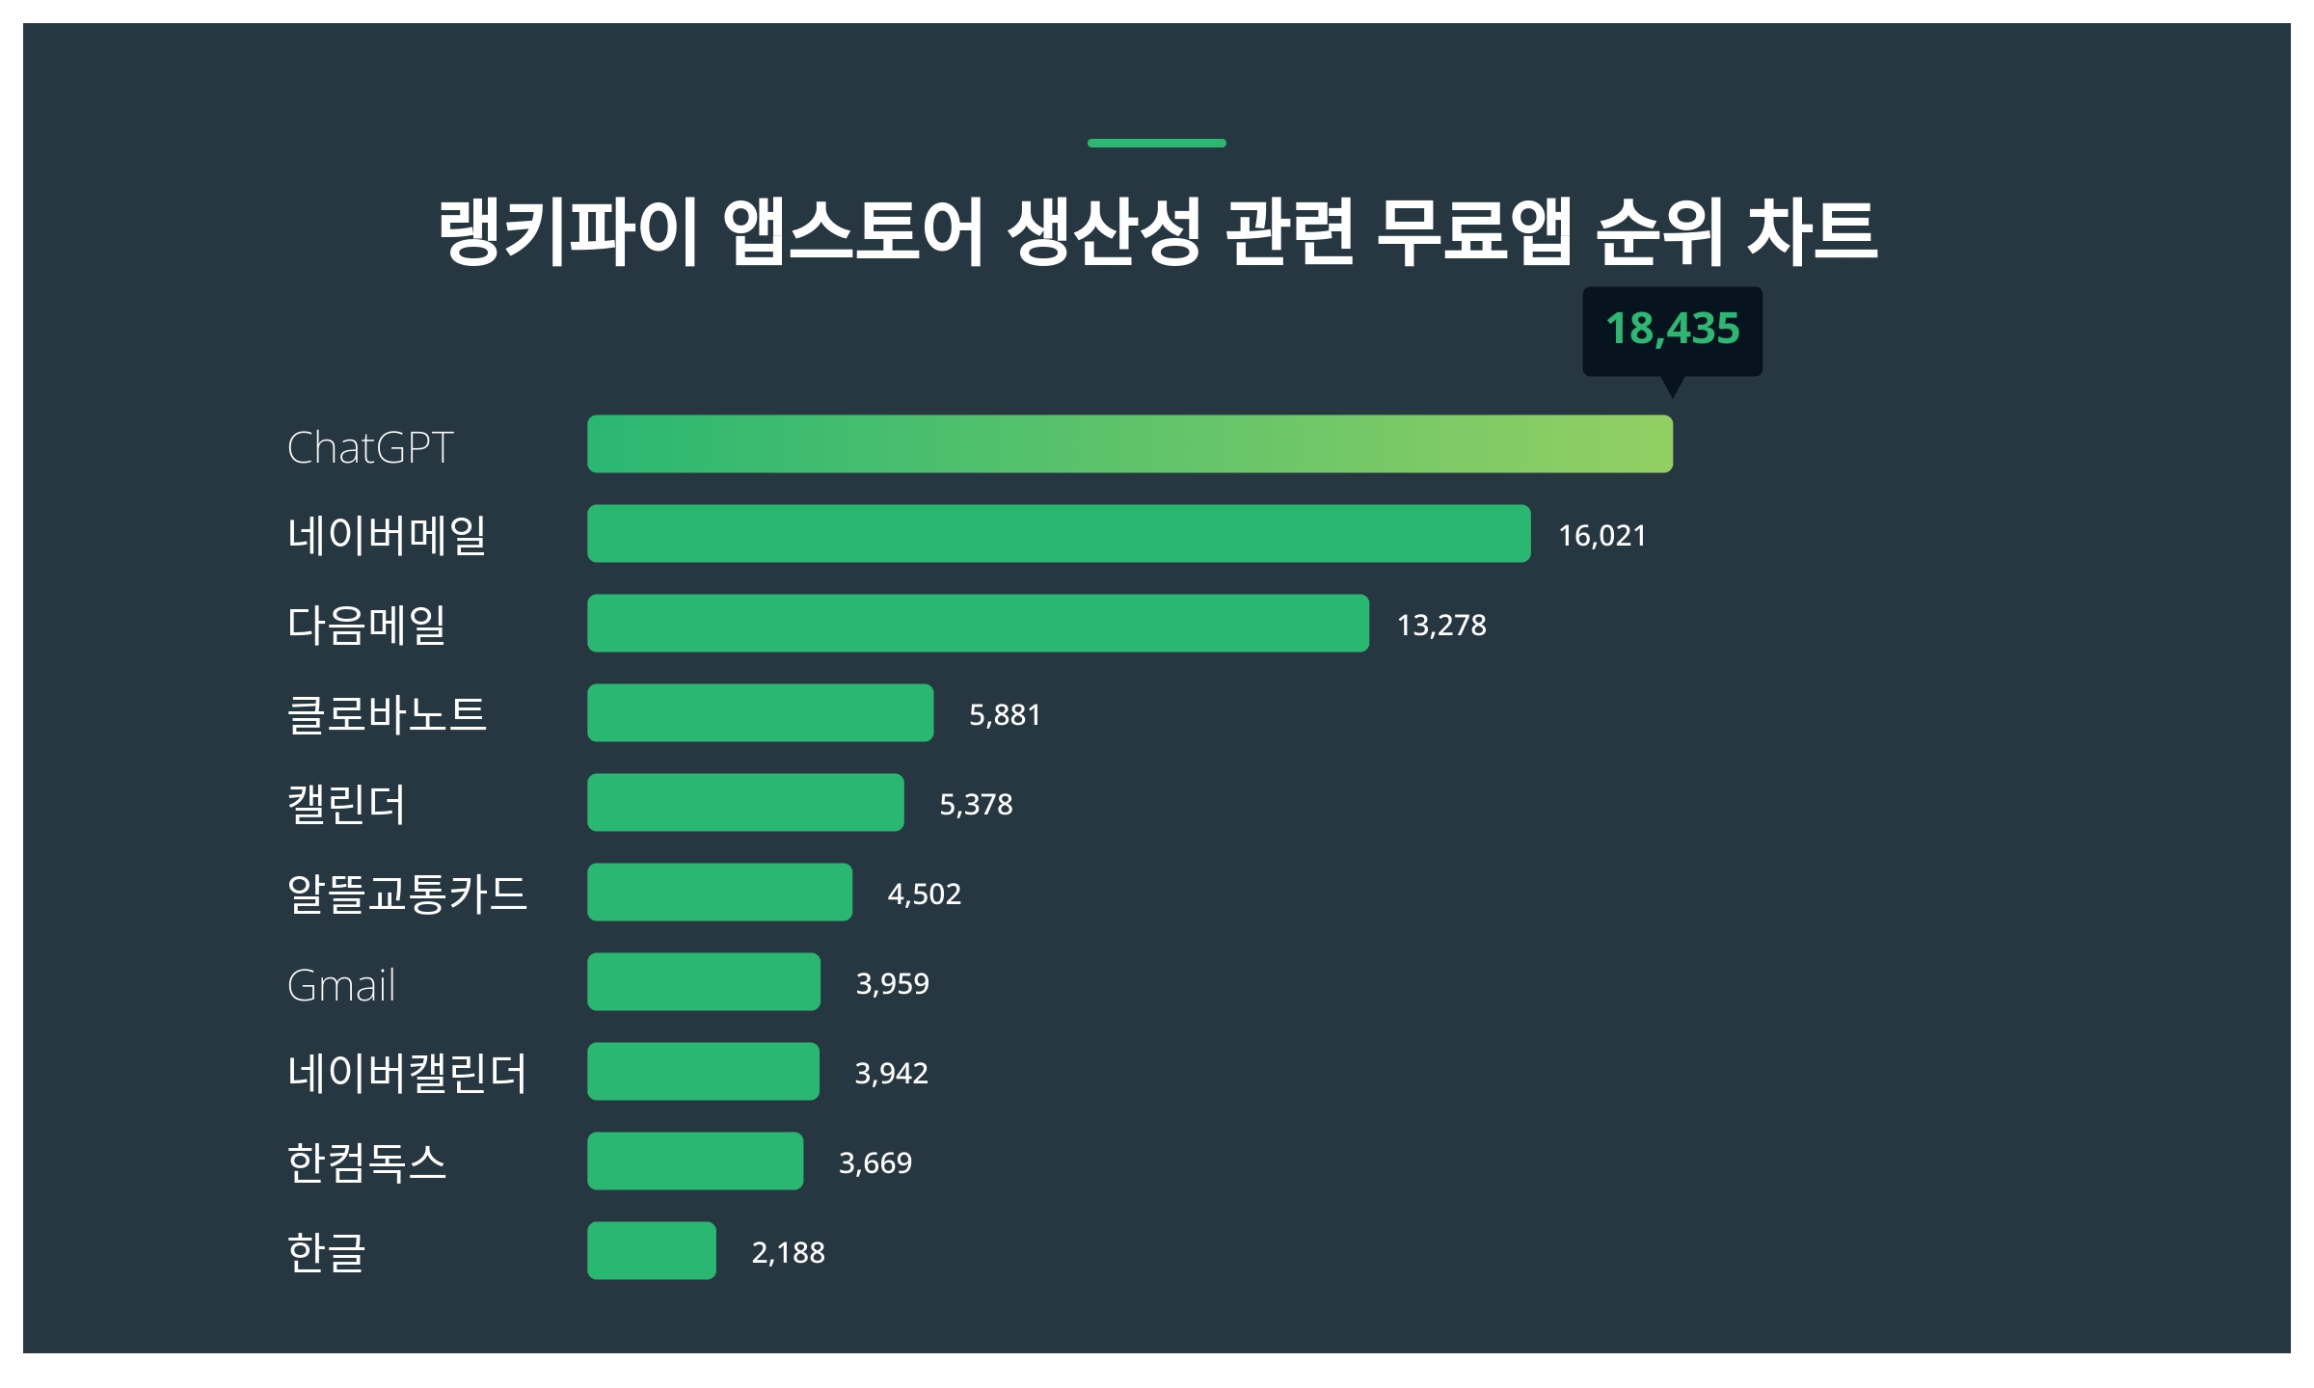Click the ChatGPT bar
coord(1129,443)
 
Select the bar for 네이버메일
coord(1058,533)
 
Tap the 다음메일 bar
coord(978,623)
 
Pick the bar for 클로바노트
coord(760,712)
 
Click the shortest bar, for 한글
coord(651,1250)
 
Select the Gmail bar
coord(703,981)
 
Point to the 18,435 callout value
coord(1672,329)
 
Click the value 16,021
coord(1601,536)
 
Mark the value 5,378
coord(976,805)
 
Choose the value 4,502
coord(924,894)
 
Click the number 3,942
coord(891,1074)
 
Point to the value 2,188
coord(788,1253)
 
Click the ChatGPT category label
coord(370,447)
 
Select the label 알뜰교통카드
coord(407,894)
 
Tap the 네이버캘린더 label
coord(407,1073)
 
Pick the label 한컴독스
coord(366,1162)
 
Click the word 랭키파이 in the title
coord(567,232)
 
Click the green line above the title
coord(1156,143)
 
